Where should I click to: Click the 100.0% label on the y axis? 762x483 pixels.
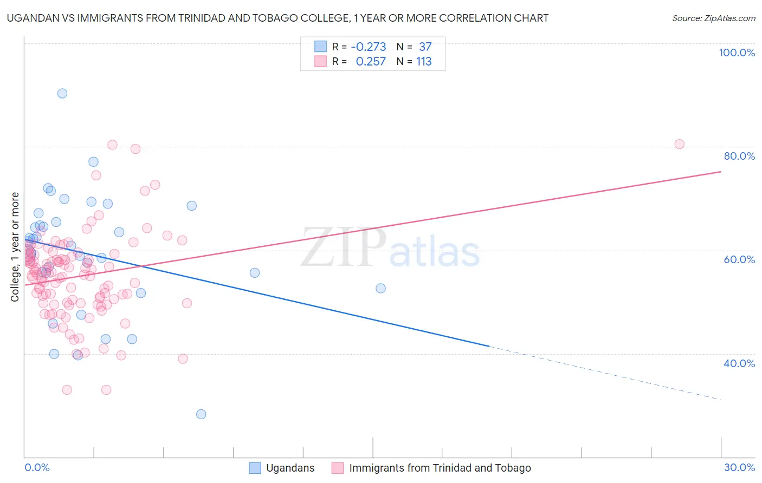737,53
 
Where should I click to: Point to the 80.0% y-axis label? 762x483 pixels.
739,156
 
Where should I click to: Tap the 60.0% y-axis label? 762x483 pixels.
739,259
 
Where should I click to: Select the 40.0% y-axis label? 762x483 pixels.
739,363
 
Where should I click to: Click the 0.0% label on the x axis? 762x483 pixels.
37,467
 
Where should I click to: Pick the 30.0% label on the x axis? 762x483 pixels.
739,467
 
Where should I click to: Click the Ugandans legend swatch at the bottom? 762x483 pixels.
255,468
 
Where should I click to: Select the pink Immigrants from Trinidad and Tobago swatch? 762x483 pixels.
338,468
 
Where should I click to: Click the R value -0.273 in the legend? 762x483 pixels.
369,47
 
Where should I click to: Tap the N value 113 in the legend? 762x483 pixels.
424,62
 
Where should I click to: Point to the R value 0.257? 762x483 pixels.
371,62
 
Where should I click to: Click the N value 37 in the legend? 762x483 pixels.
425,47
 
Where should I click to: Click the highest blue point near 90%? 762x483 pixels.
62,93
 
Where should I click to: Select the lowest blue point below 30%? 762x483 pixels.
201,414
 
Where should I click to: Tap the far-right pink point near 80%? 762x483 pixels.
679,144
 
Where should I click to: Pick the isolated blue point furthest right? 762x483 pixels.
380,288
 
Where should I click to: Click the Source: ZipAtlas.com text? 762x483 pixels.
713,18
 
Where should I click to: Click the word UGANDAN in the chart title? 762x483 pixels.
30,18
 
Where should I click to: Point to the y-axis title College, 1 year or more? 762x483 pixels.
15,247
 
